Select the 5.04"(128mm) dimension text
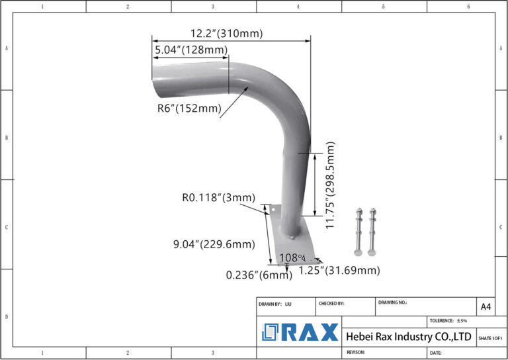[x=191, y=50]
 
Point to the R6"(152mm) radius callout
[x=189, y=109]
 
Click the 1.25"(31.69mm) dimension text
[x=339, y=270]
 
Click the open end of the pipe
[x=155, y=79]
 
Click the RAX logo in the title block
[x=300, y=332]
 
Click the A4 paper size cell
[x=486, y=306]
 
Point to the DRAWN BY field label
[x=271, y=303]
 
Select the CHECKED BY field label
[x=331, y=303]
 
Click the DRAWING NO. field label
[x=393, y=302]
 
